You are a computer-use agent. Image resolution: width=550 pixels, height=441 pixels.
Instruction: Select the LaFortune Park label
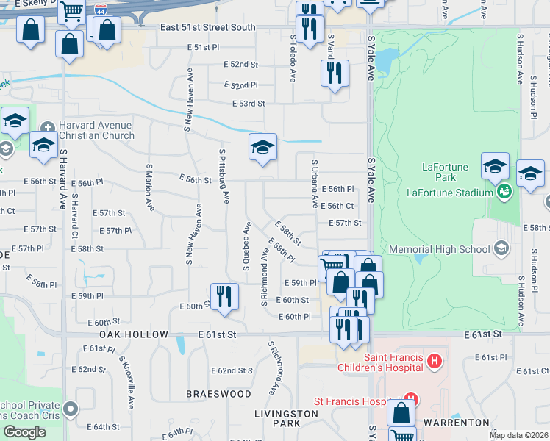(x=445, y=172)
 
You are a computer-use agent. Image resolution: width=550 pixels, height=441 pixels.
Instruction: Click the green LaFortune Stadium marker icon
(x=504, y=193)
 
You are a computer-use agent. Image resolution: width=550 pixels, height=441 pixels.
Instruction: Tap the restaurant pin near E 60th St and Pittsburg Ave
(x=224, y=296)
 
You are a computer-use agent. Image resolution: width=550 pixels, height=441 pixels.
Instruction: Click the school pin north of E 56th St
(x=262, y=148)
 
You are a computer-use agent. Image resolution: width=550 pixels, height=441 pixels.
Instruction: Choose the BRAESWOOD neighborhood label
(x=218, y=394)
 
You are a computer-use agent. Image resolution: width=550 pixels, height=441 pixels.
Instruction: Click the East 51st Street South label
(x=208, y=28)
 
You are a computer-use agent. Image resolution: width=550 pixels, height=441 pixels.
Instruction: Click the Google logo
(x=25, y=432)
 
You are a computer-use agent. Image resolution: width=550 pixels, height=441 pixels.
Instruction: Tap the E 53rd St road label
(x=248, y=104)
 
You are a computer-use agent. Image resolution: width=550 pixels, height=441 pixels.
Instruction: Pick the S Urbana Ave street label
(x=315, y=184)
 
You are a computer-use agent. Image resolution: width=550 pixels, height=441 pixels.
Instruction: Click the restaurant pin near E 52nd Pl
(x=335, y=73)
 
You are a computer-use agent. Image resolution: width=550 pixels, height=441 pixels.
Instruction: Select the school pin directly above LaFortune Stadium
(x=495, y=166)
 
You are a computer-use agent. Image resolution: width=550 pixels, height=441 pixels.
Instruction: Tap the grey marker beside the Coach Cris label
(x=71, y=408)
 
